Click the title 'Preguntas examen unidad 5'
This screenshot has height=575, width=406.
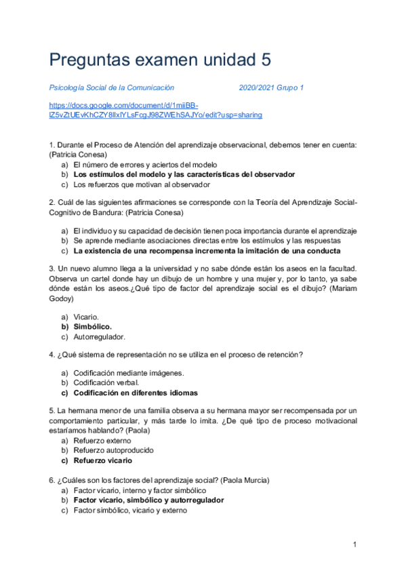tap(160, 60)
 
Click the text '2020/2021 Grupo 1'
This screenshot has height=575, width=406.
tap(271, 87)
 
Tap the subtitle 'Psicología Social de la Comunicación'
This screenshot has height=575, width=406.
tap(112, 87)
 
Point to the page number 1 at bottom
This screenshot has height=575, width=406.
tap(354, 544)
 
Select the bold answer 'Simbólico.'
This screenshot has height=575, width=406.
tap(93, 326)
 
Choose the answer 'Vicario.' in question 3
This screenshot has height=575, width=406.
tap(86, 317)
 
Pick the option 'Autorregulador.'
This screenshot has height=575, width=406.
tap(100, 336)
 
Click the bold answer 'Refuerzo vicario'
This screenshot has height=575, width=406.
tap(103, 460)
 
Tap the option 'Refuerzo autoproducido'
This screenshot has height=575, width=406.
tap(113, 450)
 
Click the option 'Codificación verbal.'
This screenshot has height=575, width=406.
tap(106, 382)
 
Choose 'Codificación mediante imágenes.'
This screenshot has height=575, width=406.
tap(129, 373)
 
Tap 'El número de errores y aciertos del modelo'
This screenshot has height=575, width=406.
tap(145, 165)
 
